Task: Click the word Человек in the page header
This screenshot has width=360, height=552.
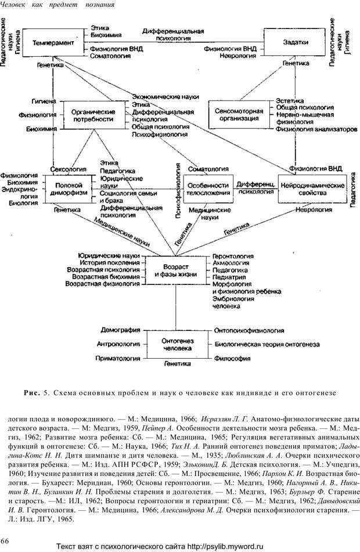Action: pyautogui.click(x=17, y=5)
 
